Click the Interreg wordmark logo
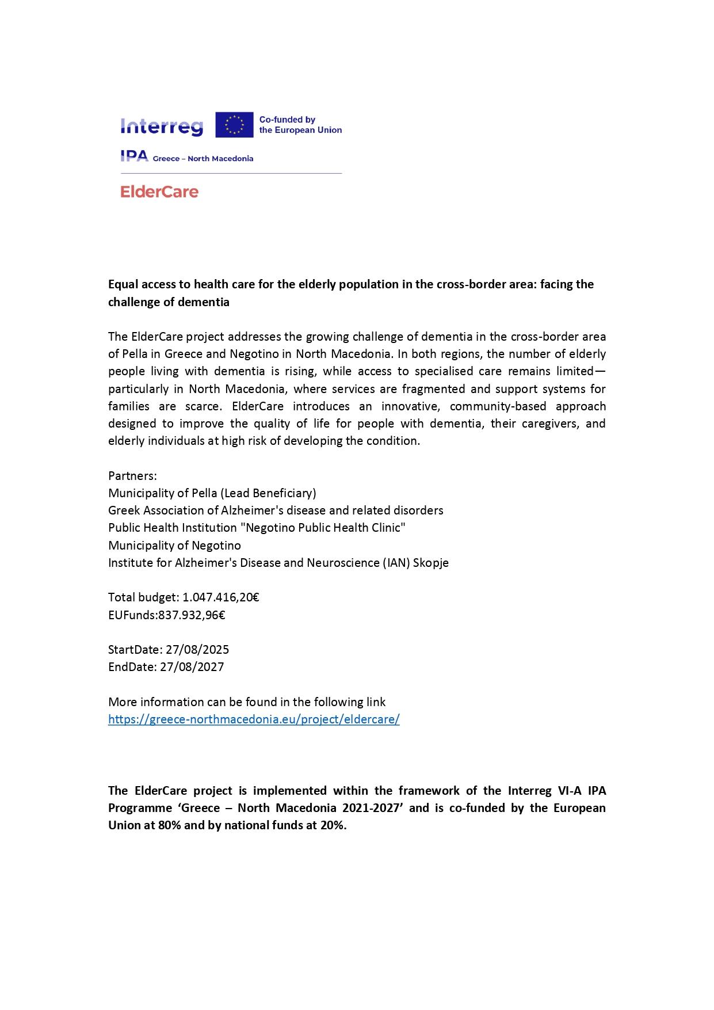(x=162, y=126)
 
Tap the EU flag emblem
(x=234, y=125)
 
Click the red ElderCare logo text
(x=159, y=192)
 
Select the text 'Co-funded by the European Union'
(x=300, y=125)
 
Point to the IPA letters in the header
(x=134, y=156)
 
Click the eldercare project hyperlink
(x=254, y=719)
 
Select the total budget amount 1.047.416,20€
(x=220, y=597)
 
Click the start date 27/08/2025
(x=197, y=650)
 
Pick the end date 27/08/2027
(x=192, y=667)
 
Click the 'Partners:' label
(x=132, y=476)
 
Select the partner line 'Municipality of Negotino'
(x=174, y=545)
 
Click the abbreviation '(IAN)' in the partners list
(x=396, y=563)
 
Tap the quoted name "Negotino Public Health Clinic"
(x=326, y=528)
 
